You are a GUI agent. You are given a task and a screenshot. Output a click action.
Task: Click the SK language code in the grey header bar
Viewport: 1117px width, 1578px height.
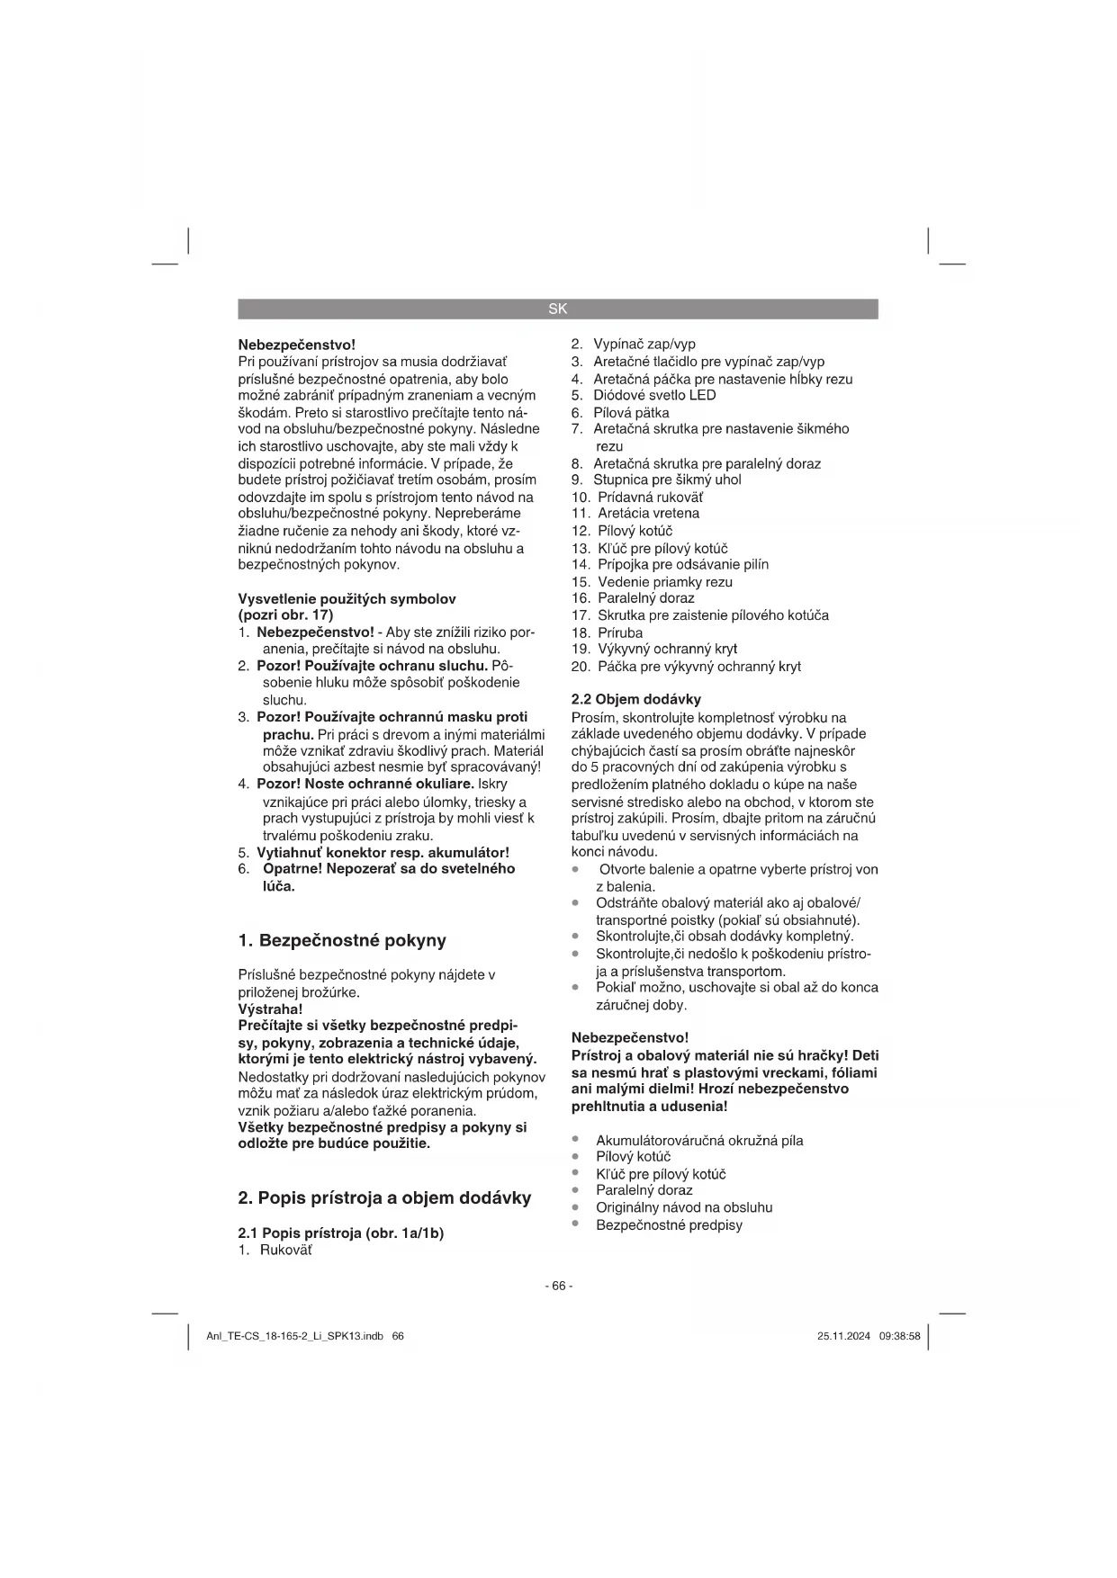pyautogui.click(x=558, y=309)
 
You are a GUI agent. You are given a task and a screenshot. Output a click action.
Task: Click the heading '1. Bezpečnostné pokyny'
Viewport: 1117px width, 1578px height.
pyautogui.click(x=342, y=941)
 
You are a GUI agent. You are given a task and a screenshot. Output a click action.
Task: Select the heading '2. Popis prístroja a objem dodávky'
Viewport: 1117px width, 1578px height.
pyautogui.click(x=384, y=1198)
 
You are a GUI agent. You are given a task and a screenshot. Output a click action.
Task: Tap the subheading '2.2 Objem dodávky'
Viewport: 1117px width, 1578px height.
pyautogui.click(x=636, y=699)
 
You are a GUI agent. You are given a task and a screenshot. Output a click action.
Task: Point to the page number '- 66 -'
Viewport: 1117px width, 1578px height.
pyautogui.click(x=558, y=1286)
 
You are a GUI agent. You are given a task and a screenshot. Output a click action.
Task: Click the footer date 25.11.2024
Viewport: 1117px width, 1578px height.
pyautogui.click(x=843, y=1336)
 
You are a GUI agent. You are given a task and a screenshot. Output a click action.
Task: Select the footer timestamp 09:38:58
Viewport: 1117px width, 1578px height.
pyautogui.click(x=900, y=1336)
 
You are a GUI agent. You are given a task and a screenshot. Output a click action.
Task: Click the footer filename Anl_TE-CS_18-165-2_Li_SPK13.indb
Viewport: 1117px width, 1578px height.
pyautogui.click(x=295, y=1336)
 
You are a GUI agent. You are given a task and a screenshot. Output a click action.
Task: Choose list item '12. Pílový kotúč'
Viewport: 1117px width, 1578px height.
pyautogui.click(x=623, y=531)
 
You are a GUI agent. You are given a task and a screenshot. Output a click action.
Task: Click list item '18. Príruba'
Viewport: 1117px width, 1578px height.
pyautogui.click(x=608, y=632)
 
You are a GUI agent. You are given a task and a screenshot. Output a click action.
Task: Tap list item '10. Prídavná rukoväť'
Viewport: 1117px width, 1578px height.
pyautogui.click(x=638, y=497)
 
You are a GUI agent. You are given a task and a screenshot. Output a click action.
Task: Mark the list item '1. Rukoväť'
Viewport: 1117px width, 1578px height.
pyautogui.click(x=275, y=1251)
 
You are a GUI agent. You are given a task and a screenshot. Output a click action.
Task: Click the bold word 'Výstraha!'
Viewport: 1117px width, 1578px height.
pyautogui.click(x=270, y=1009)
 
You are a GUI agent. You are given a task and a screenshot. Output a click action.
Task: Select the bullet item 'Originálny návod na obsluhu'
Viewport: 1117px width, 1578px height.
pyautogui.click(x=684, y=1207)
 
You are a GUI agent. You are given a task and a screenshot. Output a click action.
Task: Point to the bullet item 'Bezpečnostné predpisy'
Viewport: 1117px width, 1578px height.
pyautogui.click(x=669, y=1224)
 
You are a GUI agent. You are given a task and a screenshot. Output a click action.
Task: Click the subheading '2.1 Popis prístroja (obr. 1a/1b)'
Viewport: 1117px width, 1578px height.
pyautogui.click(x=341, y=1233)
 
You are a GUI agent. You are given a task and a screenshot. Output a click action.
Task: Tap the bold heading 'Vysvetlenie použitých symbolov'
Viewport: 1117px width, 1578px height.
pyautogui.click(x=347, y=599)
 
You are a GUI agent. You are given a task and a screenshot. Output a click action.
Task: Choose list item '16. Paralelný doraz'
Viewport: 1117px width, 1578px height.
pyautogui.click(x=634, y=598)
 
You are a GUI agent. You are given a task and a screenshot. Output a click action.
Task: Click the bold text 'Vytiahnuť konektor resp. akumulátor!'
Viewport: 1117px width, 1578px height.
pyautogui.click(x=383, y=852)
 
